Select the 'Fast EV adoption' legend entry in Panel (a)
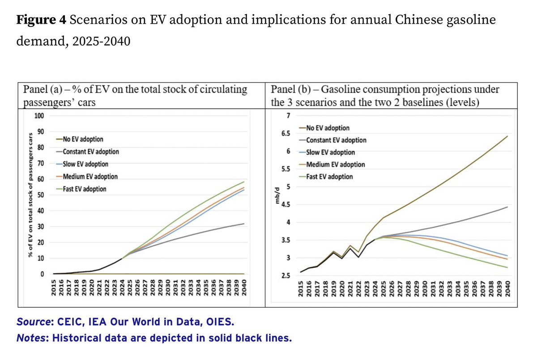[x=85, y=189]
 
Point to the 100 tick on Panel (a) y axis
[x=39, y=116]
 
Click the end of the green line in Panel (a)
[x=243, y=182]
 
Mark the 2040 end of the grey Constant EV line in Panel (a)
[x=243, y=224]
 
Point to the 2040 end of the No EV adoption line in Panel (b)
[x=507, y=136]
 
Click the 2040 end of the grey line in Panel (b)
[x=507, y=207]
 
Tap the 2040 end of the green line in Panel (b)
[x=507, y=267]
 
